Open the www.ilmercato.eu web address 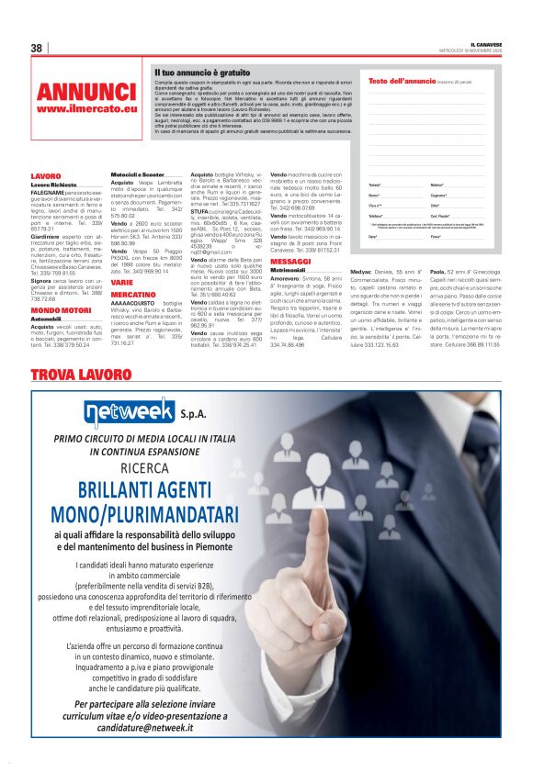(86, 108)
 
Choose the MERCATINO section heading (133, 294)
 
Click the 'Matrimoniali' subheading (289, 270)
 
